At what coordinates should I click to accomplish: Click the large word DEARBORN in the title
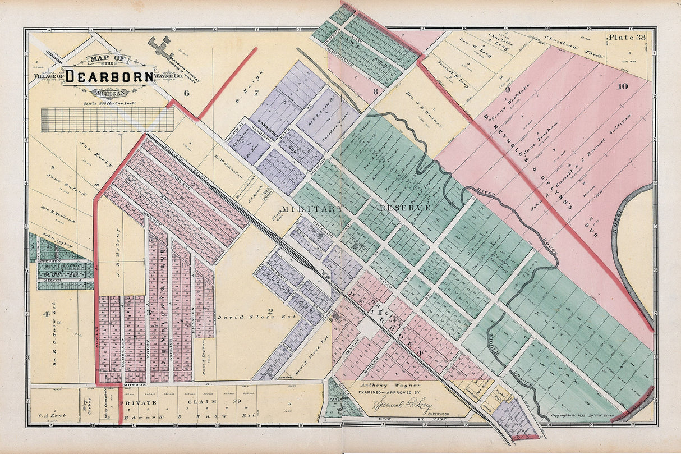point(109,76)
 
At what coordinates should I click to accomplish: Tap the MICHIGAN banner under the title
point(111,93)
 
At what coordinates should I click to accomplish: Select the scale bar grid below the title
point(107,120)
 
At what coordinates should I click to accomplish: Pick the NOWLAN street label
point(96,337)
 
